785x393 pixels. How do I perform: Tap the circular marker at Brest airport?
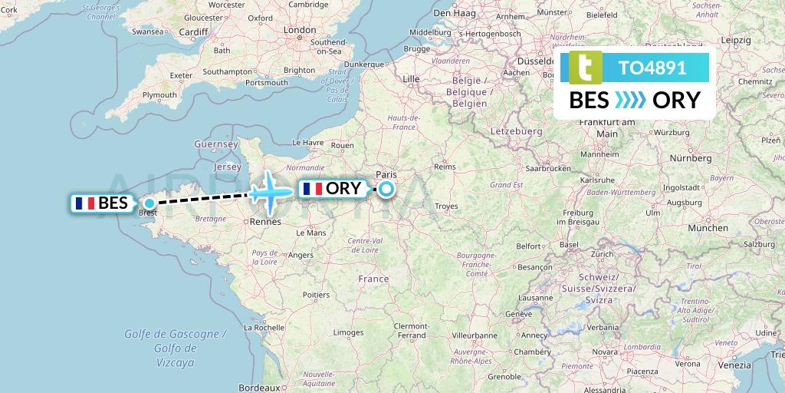[x=149, y=203]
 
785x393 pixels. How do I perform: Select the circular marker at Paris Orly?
[x=386, y=189]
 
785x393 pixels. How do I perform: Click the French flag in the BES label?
[x=84, y=203]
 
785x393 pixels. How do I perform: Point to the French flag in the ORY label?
[x=312, y=189]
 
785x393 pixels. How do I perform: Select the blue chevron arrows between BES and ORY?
[x=630, y=101]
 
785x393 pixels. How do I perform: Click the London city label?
[x=299, y=30]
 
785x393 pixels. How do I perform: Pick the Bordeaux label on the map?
[x=256, y=388]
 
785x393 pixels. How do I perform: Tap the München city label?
[x=708, y=228]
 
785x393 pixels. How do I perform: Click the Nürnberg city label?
[x=690, y=158]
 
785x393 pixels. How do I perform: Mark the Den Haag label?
[x=452, y=13]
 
